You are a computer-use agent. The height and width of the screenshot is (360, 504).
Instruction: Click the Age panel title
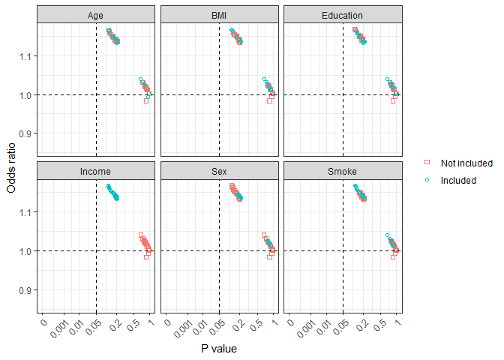[x=95, y=15]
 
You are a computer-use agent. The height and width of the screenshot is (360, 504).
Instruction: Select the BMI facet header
[x=219, y=15]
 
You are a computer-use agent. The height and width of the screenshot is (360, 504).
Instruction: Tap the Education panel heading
[x=343, y=15]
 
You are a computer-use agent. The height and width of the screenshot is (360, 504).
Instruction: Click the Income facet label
[x=95, y=172]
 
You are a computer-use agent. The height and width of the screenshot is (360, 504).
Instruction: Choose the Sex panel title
[x=219, y=172]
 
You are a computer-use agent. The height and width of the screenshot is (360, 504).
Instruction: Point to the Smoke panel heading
[x=343, y=172]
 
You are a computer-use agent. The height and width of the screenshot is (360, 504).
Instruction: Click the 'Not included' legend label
[x=466, y=163]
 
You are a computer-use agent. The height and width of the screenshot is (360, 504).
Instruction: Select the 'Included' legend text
[x=458, y=180]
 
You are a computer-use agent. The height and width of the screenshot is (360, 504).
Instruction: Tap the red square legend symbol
[x=427, y=163]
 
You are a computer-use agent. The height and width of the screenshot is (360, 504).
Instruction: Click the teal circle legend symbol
[x=427, y=180]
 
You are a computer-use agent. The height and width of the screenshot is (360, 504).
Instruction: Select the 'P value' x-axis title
[x=219, y=349]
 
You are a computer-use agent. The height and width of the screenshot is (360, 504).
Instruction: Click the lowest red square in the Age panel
[x=146, y=100]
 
